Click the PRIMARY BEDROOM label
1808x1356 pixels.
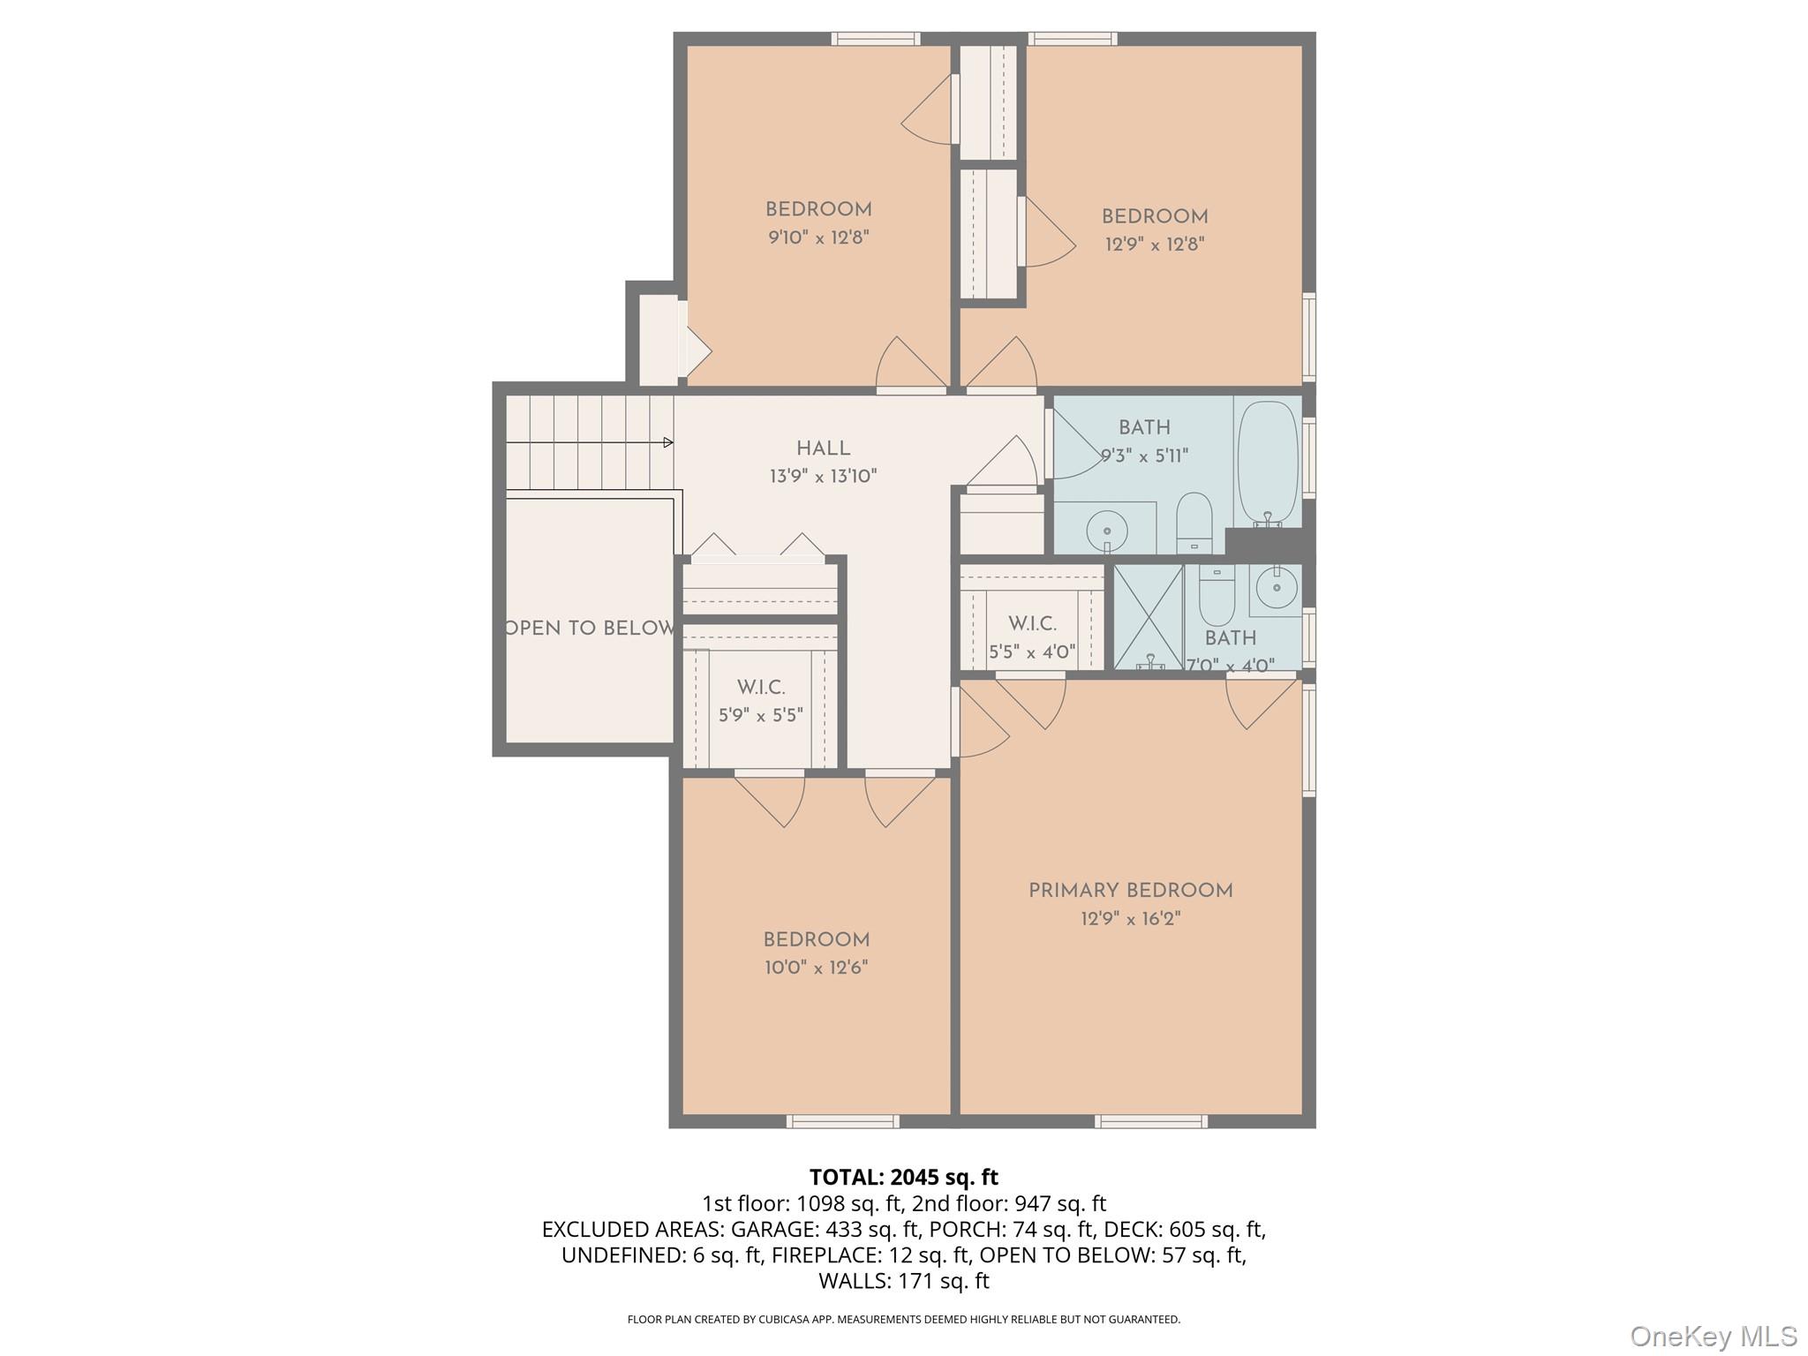[1130, 891]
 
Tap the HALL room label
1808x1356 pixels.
[823, 448]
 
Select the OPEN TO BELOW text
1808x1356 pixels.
[590, 629]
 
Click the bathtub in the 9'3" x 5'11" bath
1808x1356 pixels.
[1267, 463]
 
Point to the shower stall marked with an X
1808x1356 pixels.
[1149, 617]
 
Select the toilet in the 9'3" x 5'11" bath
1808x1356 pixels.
[1194, 521]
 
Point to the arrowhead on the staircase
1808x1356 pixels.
[668, 442]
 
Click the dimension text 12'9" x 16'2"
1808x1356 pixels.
[1130, 919]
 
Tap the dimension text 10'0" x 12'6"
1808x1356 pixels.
[816, 968]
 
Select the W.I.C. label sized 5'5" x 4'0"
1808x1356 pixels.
[1032, 624]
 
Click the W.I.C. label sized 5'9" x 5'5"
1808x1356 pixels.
[761, 687]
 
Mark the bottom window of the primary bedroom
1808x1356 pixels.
[1151, 1121]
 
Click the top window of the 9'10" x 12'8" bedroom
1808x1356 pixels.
[876, 39]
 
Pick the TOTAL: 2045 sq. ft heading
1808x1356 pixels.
[903, 1177]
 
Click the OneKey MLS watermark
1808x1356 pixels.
[1713, 1337]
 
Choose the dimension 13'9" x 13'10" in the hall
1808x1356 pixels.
[823, 477]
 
